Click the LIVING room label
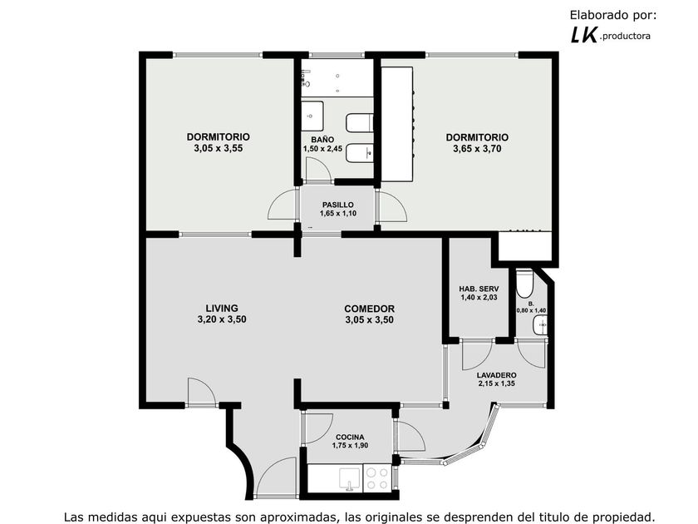pos(222,308)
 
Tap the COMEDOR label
pos(370,309)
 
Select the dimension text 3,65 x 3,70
pos(477,149)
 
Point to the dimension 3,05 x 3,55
pos(218,148)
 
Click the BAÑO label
pos(322,140)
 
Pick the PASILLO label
pos(338,205)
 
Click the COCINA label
pos(350,437)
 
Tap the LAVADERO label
pos(496,375)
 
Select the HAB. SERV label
pos(479,289)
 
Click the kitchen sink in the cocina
pos(350,478)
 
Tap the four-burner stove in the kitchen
pos(377,478)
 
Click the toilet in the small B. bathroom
pos(524,284)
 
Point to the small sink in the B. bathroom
pos(540,325)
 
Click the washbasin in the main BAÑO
pos(312,116)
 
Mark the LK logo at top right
pos(583,35)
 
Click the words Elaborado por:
pos(613,15)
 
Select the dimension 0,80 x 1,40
pos(531,310)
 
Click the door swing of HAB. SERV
pos(477,355)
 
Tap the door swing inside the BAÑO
pos(317,169)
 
